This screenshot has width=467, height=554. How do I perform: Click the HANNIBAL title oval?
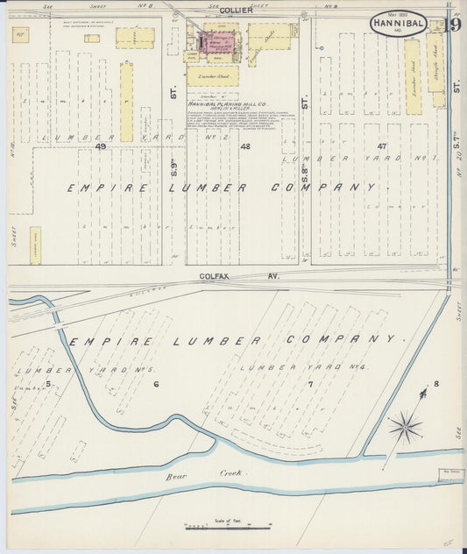click(399, 24)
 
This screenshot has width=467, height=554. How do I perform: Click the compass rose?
click(405, 427)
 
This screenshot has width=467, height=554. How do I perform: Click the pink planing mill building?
click(216, 42)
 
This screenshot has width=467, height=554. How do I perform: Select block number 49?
click(101, 146)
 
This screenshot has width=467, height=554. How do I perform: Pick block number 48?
click(245, 146)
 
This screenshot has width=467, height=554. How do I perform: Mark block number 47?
click(381, 146)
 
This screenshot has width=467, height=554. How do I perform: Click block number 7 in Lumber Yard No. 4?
click(309, 384)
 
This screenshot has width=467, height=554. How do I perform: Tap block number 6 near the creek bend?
click(156, 384)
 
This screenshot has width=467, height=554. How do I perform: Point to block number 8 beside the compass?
click(435, 384)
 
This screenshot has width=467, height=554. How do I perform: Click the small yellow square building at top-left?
click(18, 34)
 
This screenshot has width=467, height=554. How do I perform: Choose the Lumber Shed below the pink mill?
click(213, 76)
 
